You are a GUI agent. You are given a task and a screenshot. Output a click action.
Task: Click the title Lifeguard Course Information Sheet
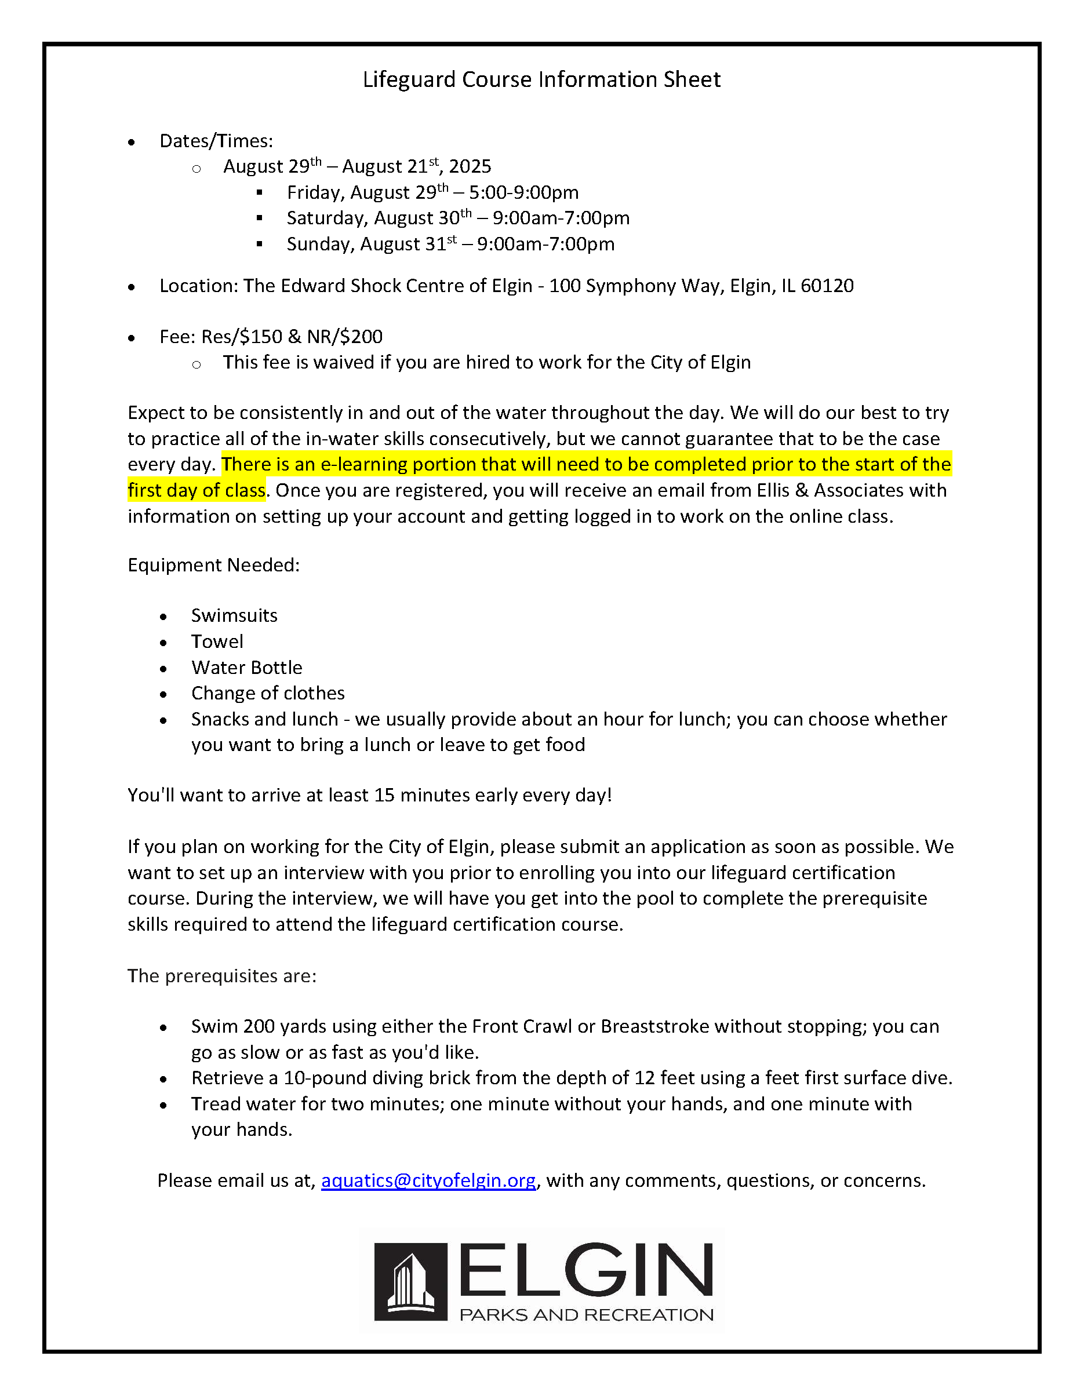pyautogui.click(x=541, y=79)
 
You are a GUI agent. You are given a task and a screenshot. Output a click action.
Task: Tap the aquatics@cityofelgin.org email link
pyautogui.click(x=428, y=1180)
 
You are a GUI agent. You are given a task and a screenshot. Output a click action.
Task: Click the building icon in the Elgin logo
pyautogui.click(x=410, y=1282)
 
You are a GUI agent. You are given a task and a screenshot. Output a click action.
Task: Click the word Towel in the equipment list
pyautogui.click(x=217, y=641)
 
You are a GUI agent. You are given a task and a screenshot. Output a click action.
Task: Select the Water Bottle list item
pyautogui.click(x=246, y=668)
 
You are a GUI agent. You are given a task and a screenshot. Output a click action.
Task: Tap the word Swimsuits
pyautogui.click(x=234, y=615)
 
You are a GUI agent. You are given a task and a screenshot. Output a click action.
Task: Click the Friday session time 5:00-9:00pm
pyautogui.click(x=524, y=192)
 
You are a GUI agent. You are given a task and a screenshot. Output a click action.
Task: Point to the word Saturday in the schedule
pyautogui.click(x=327, y=218)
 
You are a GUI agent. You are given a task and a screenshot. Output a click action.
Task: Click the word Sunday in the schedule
pyautogui.click(x=320, y=244)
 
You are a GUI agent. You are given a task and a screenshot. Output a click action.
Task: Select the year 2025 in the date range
pyautogui.click(x=470, y=167)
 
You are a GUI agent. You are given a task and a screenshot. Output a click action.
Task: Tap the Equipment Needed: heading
pyautogui.click(x=213, y=565)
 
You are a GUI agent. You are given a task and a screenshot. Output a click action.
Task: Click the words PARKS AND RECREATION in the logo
pyautogui.click(x=586, y=1315)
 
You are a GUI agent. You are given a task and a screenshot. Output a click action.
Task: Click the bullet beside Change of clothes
pyautogui.click(x=163, y=694)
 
